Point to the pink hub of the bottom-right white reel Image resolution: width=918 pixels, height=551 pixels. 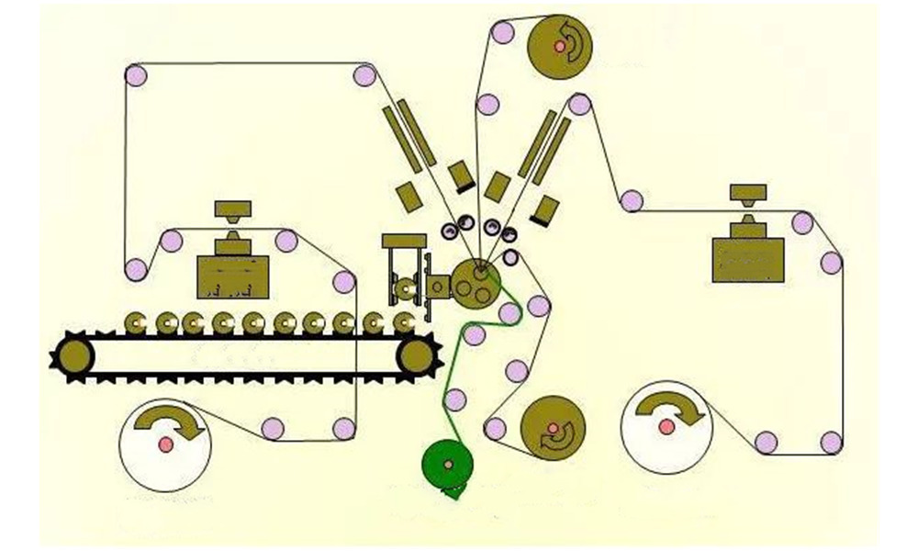(665, 427)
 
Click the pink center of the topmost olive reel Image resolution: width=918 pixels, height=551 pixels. (559, 45)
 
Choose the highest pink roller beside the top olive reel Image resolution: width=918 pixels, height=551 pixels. (501, 33)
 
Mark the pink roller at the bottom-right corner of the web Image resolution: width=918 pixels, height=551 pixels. (831, 443)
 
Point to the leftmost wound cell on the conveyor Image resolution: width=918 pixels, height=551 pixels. (137, 322)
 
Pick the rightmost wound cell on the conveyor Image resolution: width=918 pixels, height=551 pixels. (404, 322)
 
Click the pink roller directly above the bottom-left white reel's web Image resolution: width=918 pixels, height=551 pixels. (273, 428)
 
